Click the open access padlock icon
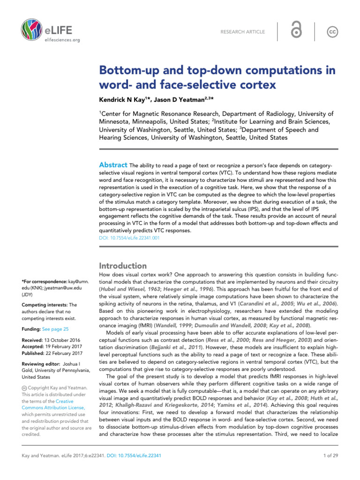tap(296, 31)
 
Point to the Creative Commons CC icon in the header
tap(332, 31)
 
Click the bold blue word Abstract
tap(112, 165)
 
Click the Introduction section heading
tap(122, 266)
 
